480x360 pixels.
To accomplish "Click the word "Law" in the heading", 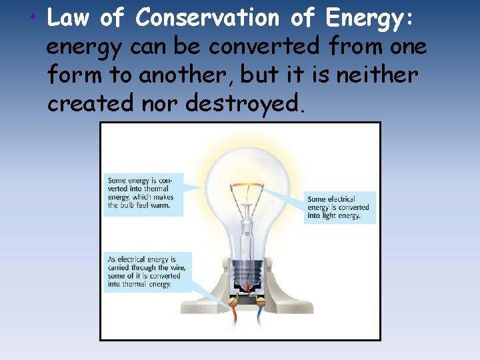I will (69, 19).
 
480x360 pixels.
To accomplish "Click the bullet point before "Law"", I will (33, 17).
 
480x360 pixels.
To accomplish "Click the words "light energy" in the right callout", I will (338, 216).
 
